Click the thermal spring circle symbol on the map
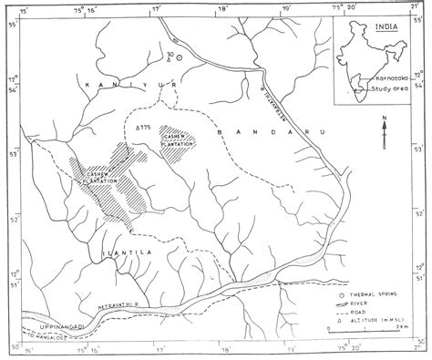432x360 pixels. pos(179,57)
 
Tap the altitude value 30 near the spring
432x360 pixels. pos(170,57)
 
